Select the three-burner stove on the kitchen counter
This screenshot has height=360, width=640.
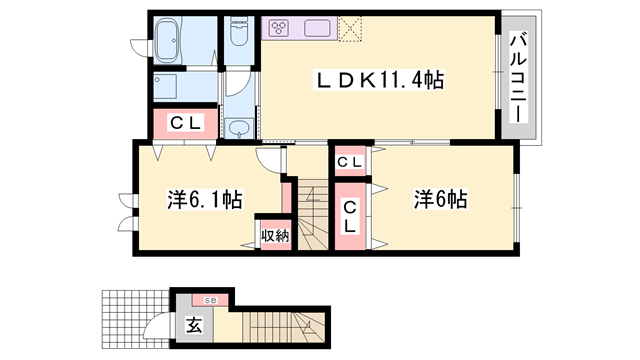coord(278,27)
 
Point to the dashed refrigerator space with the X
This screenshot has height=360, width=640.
coord(351,28)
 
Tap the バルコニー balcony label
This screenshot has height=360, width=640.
coord(519,78)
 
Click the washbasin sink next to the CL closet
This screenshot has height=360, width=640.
coord(239,126)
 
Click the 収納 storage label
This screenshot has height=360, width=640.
coord(274,236)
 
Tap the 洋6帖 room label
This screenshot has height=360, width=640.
coord(440,199)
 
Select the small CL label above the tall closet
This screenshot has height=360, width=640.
coord(350,162)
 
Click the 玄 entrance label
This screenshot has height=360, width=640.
coord(192,325)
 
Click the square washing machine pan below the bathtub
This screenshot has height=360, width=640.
coord(166,83)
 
